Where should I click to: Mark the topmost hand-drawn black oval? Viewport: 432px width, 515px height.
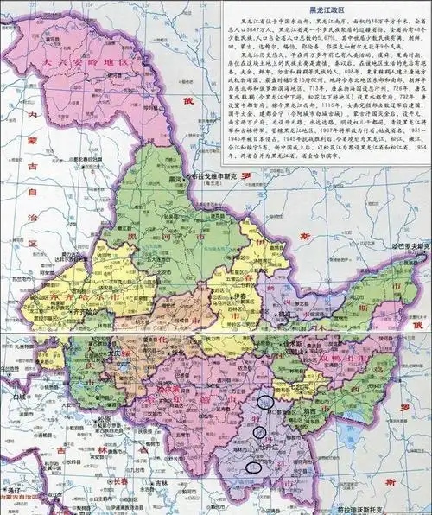click(267, 401)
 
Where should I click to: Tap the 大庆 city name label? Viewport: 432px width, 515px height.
click(109, 353)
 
